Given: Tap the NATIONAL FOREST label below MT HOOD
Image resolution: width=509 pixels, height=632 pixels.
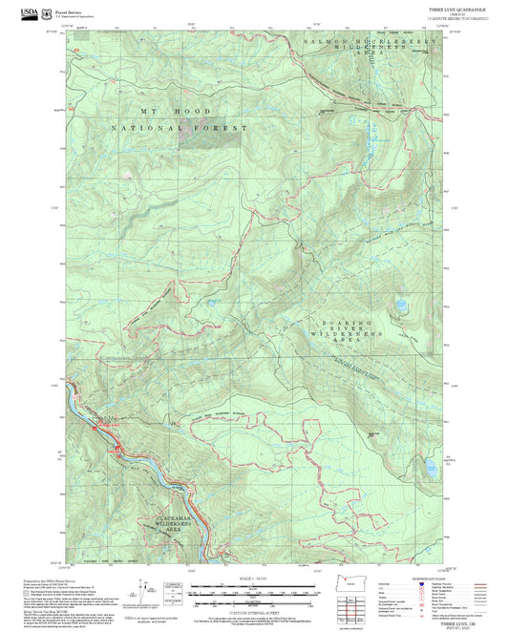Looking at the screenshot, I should pyautogui.click(x=179, y=127).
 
